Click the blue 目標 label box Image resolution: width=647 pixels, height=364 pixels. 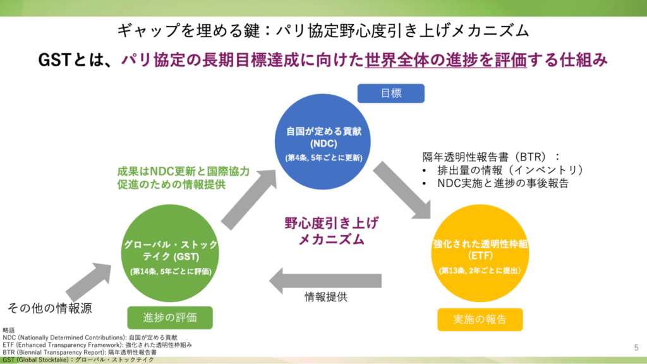[x=390, y=94]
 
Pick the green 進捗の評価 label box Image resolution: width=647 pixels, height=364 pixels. [x=170, y=317]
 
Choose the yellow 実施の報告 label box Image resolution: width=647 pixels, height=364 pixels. [x=480, y=319]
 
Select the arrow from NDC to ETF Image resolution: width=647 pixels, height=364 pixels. [x=402, y=189]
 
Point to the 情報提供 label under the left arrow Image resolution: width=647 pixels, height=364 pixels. [x=326, y=296]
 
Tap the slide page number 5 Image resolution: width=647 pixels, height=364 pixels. [x=636, y=347]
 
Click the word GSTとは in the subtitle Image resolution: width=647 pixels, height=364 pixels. [x=67, y=60]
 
